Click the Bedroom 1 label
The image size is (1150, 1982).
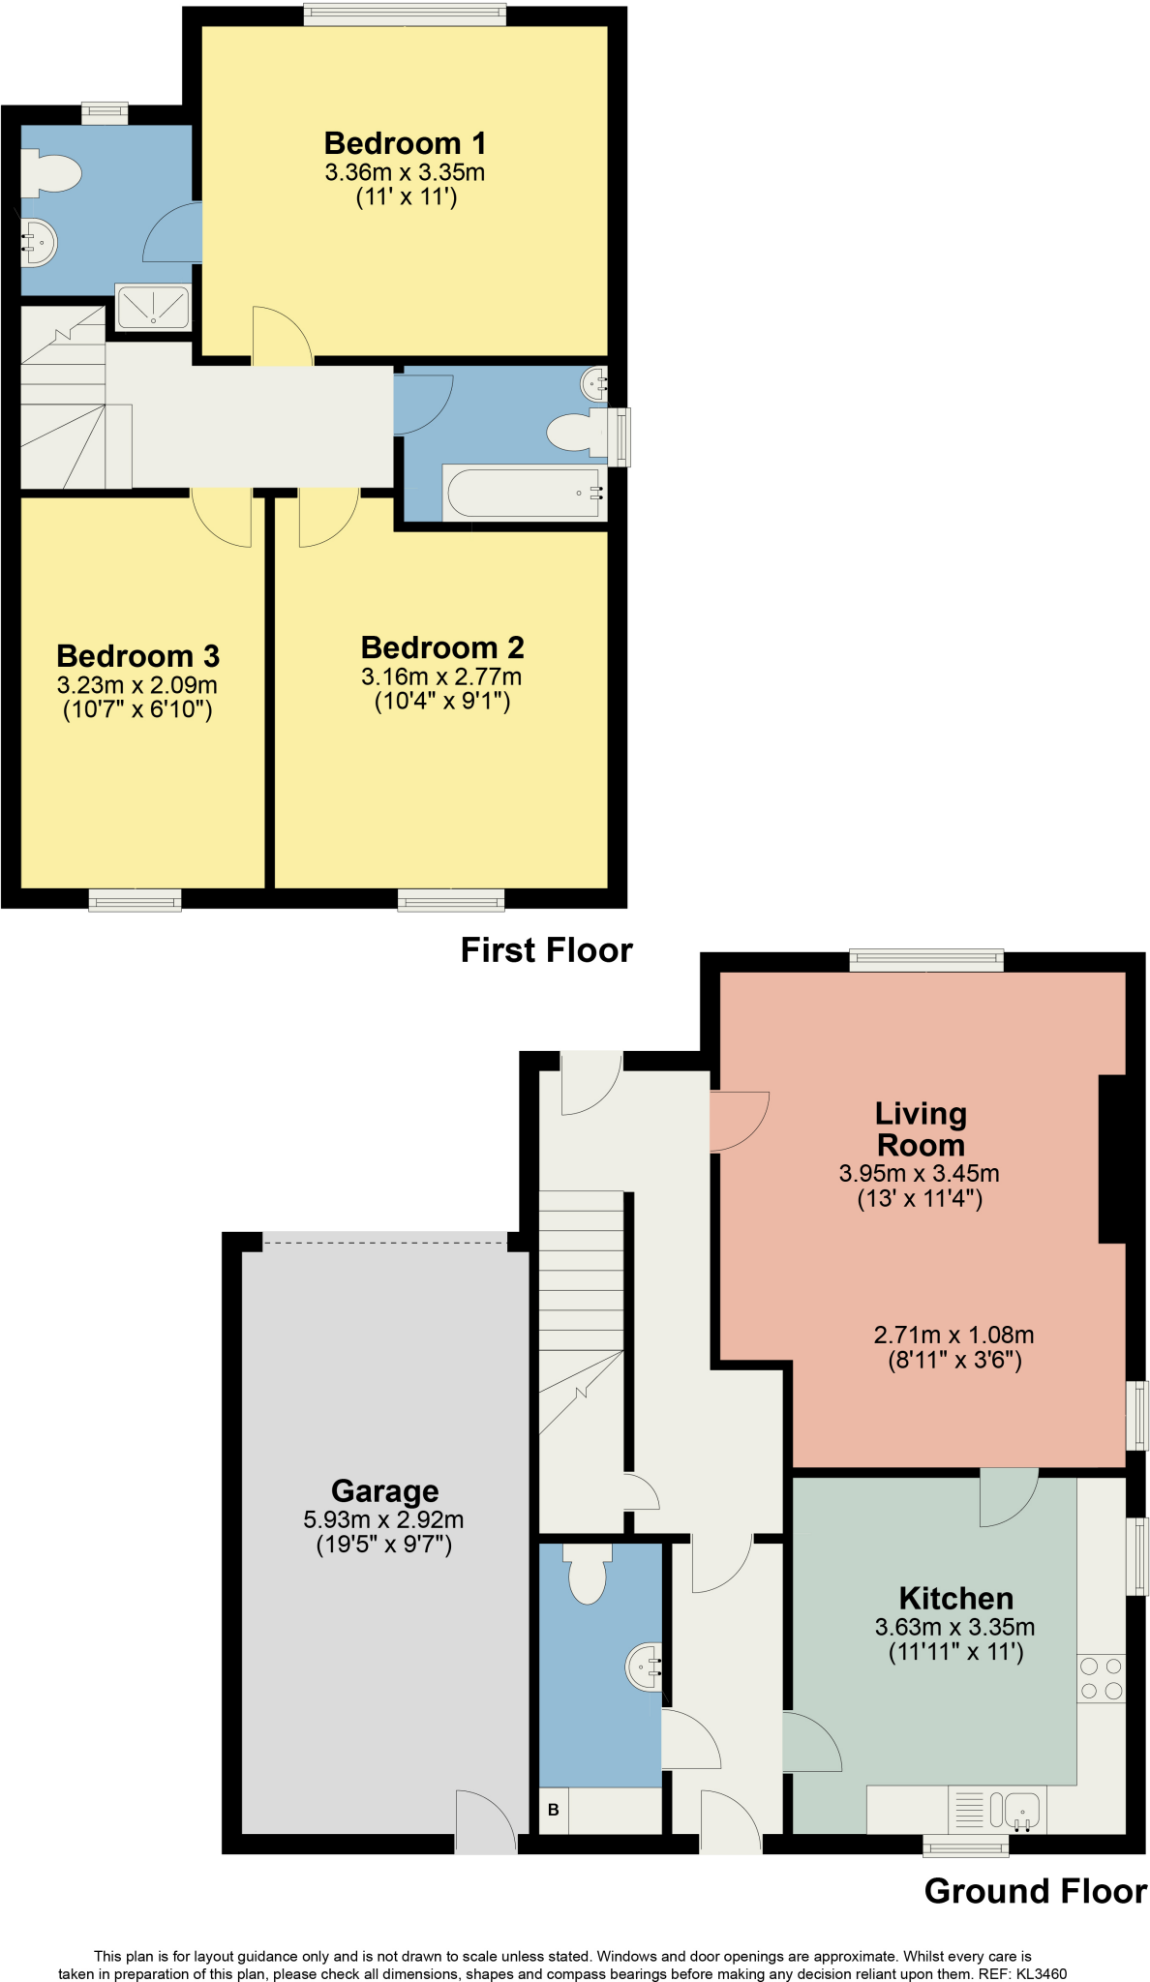click(x=405, y=143)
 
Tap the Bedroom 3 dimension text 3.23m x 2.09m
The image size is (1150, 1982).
click(x=136, y=685)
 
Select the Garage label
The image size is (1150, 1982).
click(x=384, y=1490)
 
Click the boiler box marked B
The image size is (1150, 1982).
click(x=554, y=1810)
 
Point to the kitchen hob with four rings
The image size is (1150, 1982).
click(x=1101, y=1678)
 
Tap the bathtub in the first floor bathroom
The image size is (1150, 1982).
click(x=524, y=493)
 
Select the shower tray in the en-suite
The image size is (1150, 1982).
click(x=153, y=307)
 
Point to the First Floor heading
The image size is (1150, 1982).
click(x=546, y=950)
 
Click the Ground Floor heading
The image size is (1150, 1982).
click(x=1035, y=1891)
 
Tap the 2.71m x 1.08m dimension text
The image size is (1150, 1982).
click(x=953, y=1336)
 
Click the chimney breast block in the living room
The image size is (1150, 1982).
click(x=1112, y=1158)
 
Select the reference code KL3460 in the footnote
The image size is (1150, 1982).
click(x=1042, y=1974)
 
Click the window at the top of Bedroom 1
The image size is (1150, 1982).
click(x=405, y=14)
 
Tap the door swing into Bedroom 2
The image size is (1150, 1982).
click(x=326, y=520)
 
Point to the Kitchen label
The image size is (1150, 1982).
click(x=955, y=1598)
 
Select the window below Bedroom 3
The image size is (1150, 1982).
click(x=135, y=901)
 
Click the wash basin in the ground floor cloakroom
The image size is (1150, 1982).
click(x=645, y=1667)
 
